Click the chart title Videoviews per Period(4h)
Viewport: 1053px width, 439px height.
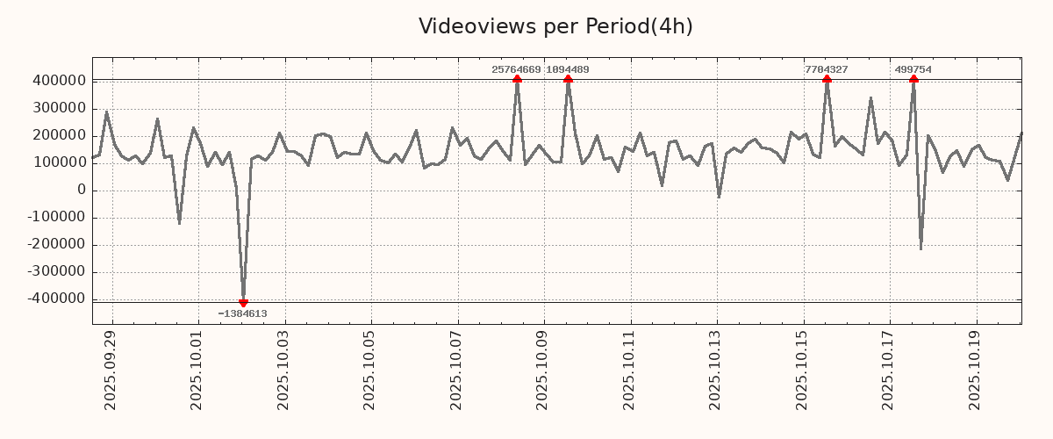click(x=555, y=26)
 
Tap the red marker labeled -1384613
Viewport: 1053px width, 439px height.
click(x=243, y=303)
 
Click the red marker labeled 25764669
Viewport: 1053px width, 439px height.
click(x=517, y=79)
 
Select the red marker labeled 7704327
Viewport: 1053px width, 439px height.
click(x=827, y=79)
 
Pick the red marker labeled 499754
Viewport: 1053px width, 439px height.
click(x=913, y=79)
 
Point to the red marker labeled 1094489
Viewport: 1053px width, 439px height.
click(x=568, y=79)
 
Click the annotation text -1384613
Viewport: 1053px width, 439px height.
click(x=243, y=313)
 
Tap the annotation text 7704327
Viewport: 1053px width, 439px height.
click(x=827, y=69)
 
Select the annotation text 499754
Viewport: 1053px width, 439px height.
click(x=913, y=69)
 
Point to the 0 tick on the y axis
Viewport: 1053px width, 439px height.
click(x=81, y=190)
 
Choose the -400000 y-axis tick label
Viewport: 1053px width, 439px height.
click(x=54, y=299)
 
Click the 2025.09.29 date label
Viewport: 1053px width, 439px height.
click(x=111, y=372)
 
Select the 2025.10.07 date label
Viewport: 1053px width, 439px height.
click(x=456, y=372)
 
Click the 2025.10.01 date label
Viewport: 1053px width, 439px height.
click(x=197, y=372)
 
